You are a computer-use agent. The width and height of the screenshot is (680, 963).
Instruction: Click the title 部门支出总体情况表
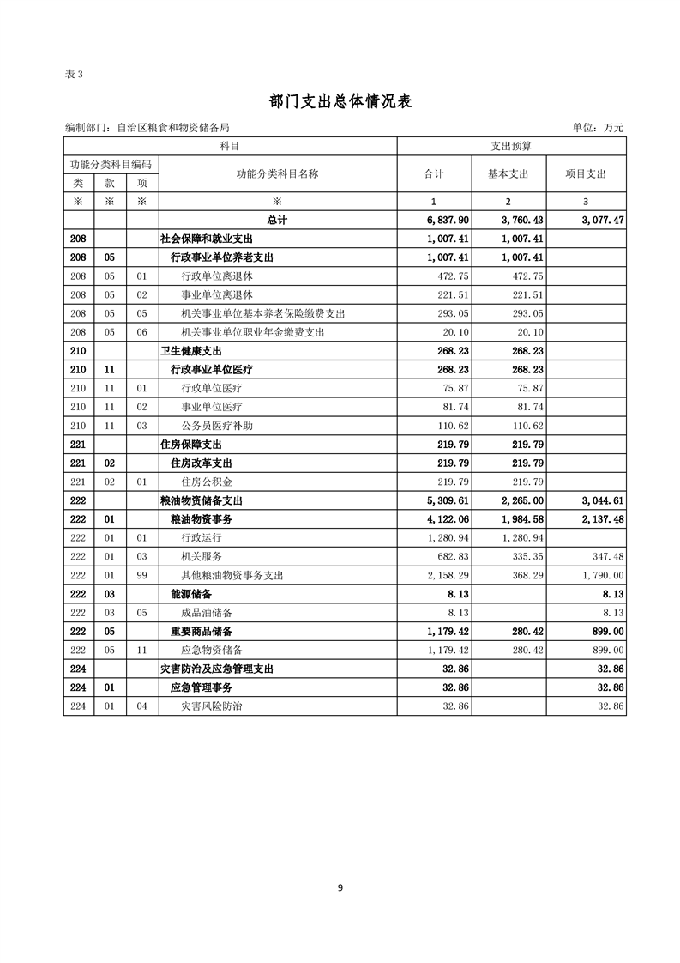tap(340, 101)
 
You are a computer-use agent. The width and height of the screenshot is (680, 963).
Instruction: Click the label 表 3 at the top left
tap(74, 74)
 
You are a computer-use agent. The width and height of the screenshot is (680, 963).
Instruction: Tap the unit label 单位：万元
tap(598, 128)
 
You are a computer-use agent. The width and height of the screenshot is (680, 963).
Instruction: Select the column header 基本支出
tap(508, 173)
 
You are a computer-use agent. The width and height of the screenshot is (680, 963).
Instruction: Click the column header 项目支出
tap(586, 173)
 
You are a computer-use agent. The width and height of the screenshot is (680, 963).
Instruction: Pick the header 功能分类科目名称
tap(277, 173)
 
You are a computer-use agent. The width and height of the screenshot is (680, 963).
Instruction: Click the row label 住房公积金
tap(207, 481)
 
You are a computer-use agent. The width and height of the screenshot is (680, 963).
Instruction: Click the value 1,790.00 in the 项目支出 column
tap(601, 575)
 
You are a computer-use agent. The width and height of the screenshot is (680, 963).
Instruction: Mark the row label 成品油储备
tap(207, 613)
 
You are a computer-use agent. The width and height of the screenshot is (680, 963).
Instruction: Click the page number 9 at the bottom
tap(340, 888)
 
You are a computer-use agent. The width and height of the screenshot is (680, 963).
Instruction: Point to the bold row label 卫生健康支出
tap(191, 351)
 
